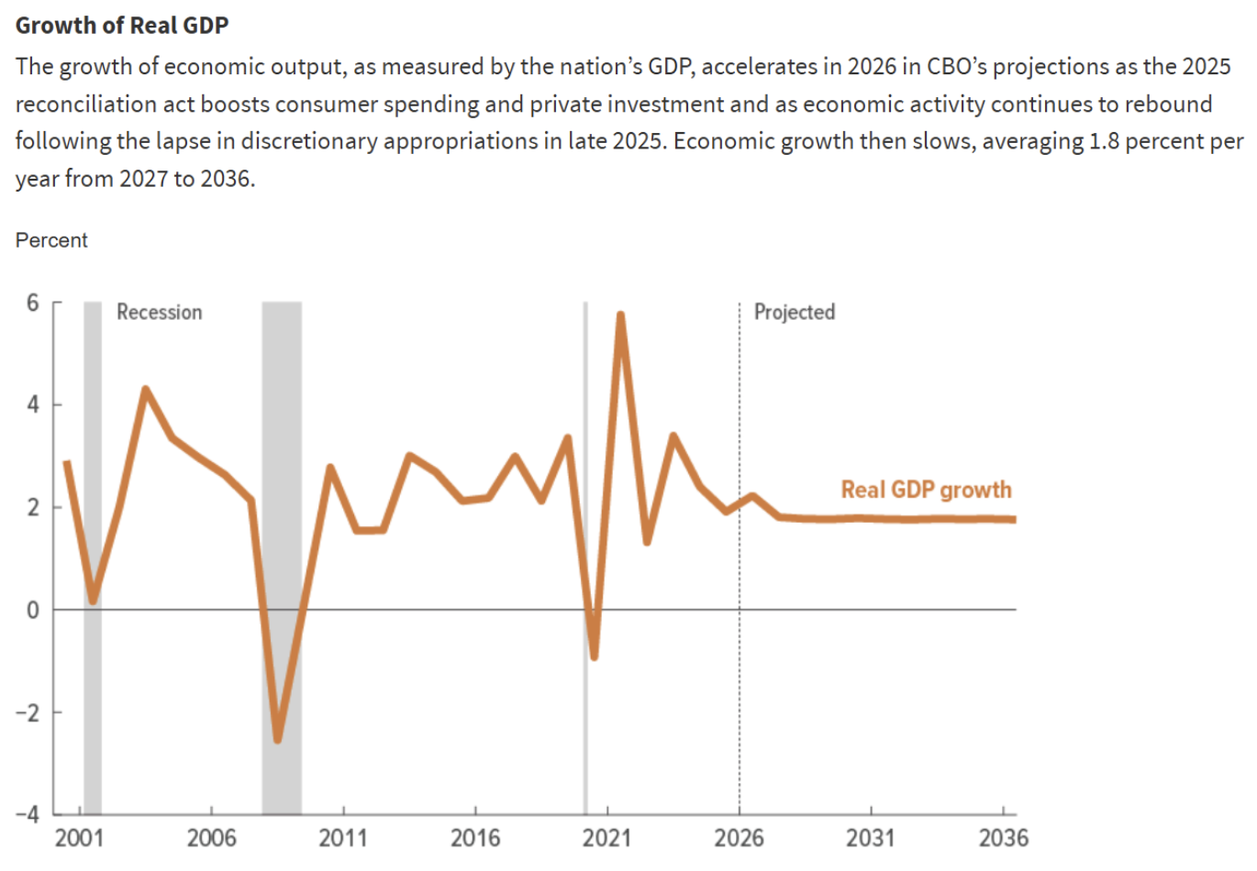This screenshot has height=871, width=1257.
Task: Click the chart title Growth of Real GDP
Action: (122, 25)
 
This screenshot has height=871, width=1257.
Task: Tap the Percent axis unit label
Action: (51, 240)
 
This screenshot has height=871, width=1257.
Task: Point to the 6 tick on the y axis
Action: (33, 303)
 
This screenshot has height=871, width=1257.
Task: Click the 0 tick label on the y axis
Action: (33, 610)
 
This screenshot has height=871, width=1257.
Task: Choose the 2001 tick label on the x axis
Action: (80, 838)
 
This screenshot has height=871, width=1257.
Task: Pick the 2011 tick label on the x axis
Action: (343, 838)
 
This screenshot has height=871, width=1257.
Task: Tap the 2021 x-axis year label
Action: (607, 838)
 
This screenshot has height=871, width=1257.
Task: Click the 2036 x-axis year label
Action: (1003, 838)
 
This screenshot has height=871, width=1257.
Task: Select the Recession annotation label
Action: (159, 313)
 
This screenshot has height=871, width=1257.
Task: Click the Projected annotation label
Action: (795, 313)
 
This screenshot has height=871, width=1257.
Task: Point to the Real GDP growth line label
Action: (926, 490)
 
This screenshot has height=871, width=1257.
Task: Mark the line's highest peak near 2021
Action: (621, 316)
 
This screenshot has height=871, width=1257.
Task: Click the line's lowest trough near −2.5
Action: (277, 738)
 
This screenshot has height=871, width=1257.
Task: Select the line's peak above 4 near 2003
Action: (145, 390)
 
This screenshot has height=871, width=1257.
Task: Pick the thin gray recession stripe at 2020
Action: (585, 458)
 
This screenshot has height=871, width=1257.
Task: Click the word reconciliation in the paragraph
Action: (79, 105)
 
